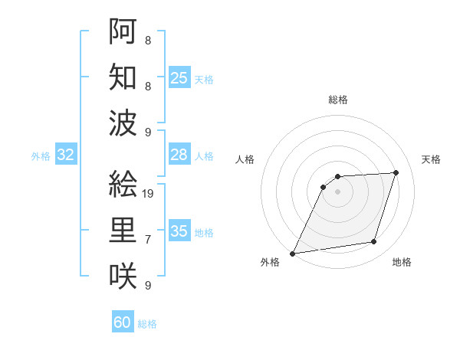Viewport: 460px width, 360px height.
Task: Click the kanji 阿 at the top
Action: pyautogui.click(x=123, y=31)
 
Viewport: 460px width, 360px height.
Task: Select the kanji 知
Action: pyautogui.click(x=123, y=77)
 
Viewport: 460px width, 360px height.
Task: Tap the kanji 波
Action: pyautogui.click(x=123, y=123)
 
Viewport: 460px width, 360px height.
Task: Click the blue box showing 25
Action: pyautogui.click(x=179, y=78)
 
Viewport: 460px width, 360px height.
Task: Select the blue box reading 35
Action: pyautogui.click(x=179, y=232)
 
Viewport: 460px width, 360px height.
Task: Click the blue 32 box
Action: pyautogui.click(x=66, y=155)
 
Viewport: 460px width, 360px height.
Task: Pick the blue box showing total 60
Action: pyautogui.click(x=123, y=322)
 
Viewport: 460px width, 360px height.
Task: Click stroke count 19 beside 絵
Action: pyautogui.click(x=149, y=193)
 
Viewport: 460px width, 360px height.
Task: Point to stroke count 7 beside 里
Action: pyautogui.click(x=148, y=240)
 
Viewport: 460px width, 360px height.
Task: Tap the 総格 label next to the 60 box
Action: pyautogui.click(x=147, y=324)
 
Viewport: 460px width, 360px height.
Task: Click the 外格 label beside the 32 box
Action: pyautogui.click(x=41, y=156)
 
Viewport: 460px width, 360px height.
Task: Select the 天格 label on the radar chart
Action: pyautogui.click(x=432, y=159)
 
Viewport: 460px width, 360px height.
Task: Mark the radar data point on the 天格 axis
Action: pyautogui.click(x=396, y=172)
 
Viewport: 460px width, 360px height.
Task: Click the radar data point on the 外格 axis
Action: pyautogui.click(x=292, y=254)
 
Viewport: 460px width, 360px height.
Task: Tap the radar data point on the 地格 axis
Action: pyautogui.click(x=374, y=242)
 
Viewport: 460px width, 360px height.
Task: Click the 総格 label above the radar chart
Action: pyautogui.click(x=338, y=100)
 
